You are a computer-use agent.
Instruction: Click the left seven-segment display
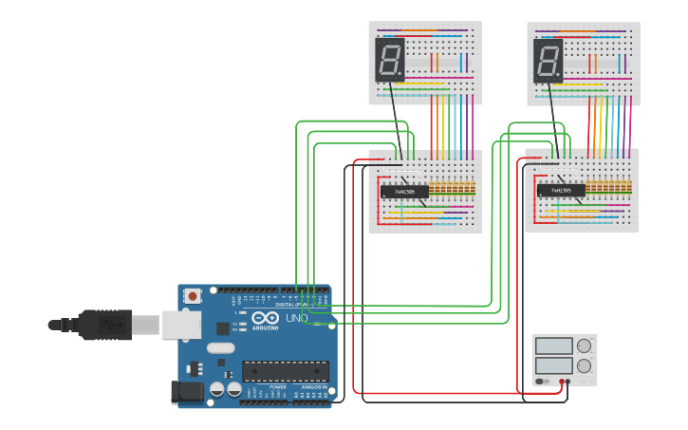click(x=390, y=60)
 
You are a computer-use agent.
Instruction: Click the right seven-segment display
click(x=549, y=60)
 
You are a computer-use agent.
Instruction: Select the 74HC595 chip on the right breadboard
click(x=561, y=191)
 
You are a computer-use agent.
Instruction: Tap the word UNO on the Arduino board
click(x=295, y=318)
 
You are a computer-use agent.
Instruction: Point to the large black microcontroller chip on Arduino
click(x=285, y=371)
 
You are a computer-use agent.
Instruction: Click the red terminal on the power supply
click(x=561, y=382)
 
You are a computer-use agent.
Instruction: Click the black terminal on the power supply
click(x=567, y=382)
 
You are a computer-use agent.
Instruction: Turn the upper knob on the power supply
click(x=584, y=346)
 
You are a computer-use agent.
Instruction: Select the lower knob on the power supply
click(x=584, y=365)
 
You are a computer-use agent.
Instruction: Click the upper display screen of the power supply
click(x=553, y=346)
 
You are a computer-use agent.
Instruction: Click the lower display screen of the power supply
click(x=553, y=365)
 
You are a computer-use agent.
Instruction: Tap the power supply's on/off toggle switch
click(x=541, y=382)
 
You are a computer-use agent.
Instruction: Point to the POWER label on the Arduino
click(x=278, y=387)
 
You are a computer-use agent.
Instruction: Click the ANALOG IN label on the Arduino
click(x=315, y=387)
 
